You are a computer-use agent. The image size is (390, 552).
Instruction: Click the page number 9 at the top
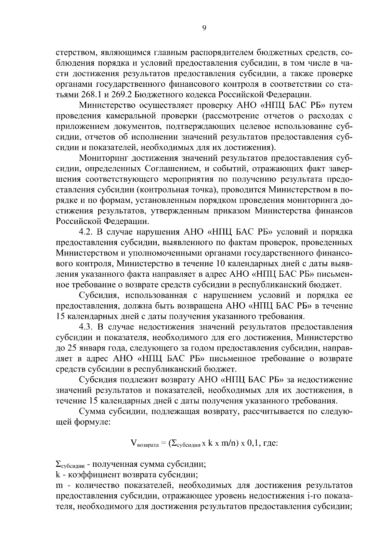tap(204, 28)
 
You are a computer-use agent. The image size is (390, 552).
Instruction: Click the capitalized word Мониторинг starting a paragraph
tap(105, 158)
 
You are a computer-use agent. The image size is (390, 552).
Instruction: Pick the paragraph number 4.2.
tap(86, 232)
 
